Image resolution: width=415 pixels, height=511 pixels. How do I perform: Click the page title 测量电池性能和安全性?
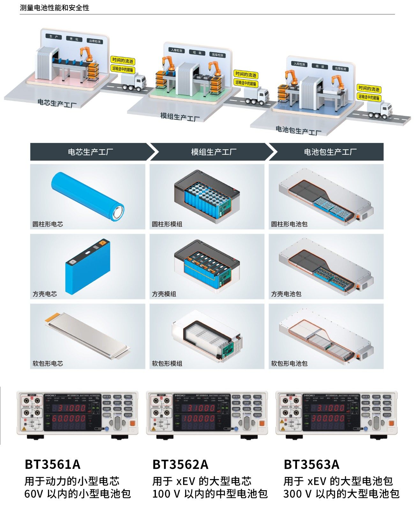pos(55,8)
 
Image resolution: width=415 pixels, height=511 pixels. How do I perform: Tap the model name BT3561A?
pos(53,464)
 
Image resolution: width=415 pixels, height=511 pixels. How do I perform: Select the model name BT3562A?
pos(180,464)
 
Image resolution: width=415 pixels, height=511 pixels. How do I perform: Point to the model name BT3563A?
pos(311,464)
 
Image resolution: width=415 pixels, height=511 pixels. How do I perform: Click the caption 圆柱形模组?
pos(167,224)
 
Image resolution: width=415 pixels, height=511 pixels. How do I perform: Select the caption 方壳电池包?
pos(286,294)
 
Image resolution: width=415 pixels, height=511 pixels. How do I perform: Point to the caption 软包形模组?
pos(167,363)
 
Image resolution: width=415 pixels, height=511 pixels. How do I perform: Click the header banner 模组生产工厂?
pos(213,152)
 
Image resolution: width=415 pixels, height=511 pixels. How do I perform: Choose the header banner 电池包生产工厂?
pos(330,152)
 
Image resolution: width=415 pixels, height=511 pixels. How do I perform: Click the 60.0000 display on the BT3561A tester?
pos(69,418)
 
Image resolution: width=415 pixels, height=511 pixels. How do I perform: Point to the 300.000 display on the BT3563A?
pos(328,418)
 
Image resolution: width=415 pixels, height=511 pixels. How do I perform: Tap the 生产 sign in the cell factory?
pos(54,36)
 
